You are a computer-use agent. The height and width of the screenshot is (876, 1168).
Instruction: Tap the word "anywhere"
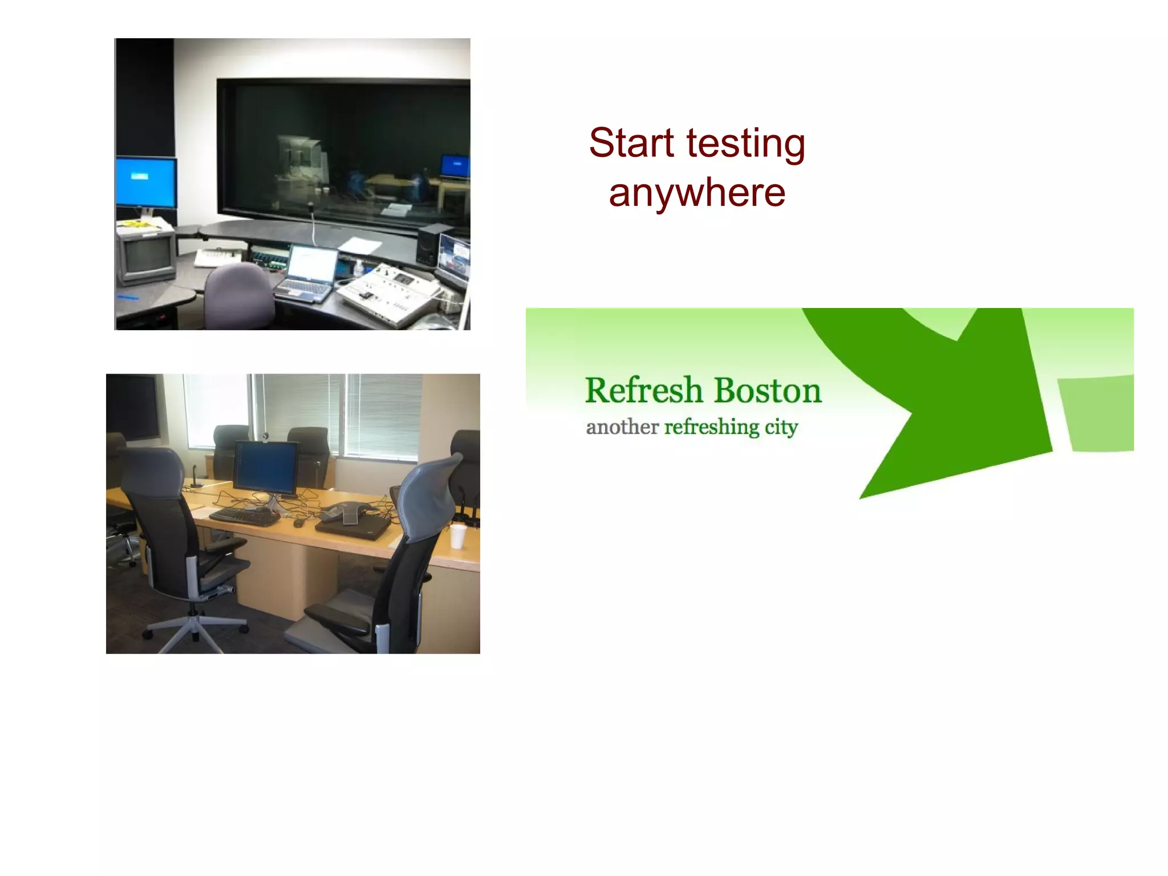pos(697,193)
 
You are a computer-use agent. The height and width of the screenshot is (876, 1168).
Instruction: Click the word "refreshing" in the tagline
pos(712,427)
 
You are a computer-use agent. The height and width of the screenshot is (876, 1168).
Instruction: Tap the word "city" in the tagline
pos(781,427)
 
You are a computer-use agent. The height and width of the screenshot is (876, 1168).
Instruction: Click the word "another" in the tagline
pos(622,427)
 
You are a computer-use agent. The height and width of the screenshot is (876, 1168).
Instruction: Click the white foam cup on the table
pos(458,536)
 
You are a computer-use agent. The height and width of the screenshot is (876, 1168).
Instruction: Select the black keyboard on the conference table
pos(244,516)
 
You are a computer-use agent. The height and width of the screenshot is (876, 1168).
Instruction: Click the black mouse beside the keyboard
pos(298,522)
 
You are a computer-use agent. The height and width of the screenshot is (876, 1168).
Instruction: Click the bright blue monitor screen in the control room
pos(146,182)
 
